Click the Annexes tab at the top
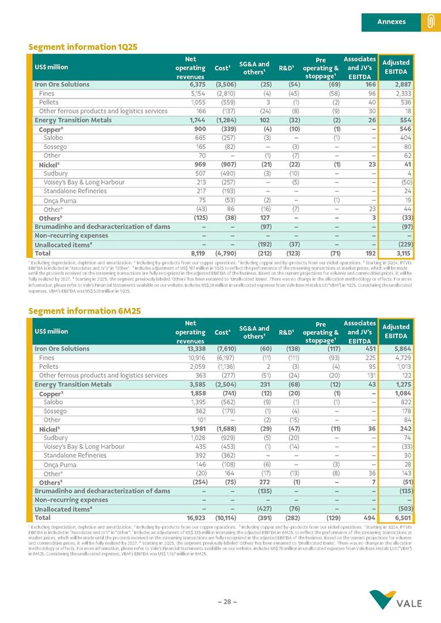[391, 22]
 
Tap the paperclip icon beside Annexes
[430, 22]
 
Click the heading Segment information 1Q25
[83, 47]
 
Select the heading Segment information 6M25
[84, 311]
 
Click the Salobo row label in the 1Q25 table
[53, 138]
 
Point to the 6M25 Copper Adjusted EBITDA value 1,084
[401, 393]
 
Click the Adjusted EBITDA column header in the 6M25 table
[396, 331]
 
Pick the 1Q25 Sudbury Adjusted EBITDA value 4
[408, 173]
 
